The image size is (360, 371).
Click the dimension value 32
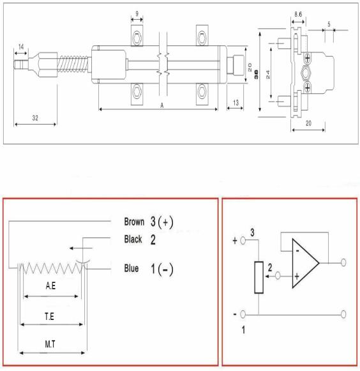tap(35, 118)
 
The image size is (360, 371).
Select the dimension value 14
tap(21, 47)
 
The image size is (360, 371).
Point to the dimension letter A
tap(161, 105)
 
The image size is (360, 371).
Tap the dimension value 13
tap(236, 103)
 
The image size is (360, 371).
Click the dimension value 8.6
tap(298, 15)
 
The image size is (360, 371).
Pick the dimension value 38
tap(256, 74)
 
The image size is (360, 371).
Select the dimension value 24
tap(267, 75)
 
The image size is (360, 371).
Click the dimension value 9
tap(137, 13)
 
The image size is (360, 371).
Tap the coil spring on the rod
tap(73, 64)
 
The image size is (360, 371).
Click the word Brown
tap(134, 222)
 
